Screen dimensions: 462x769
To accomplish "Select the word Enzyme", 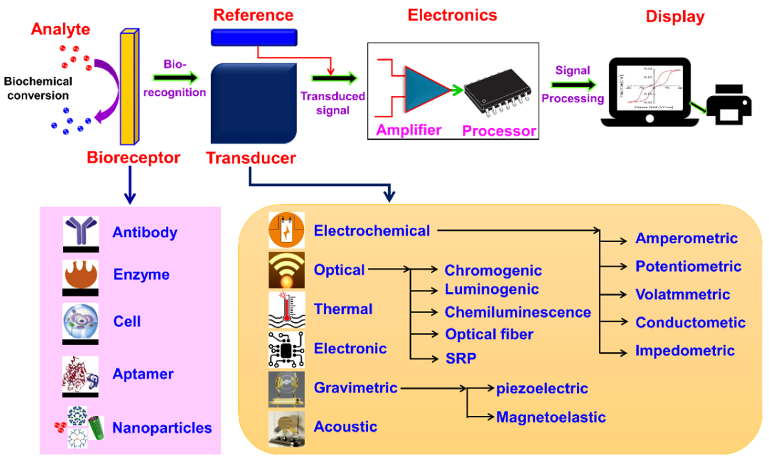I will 141,275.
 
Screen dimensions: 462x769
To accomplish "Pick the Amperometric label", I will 686,238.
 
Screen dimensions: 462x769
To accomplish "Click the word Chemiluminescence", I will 517,312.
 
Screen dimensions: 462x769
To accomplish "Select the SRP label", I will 461,358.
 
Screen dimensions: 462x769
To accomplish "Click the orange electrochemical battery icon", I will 286,230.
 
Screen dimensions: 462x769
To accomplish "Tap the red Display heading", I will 675,17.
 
